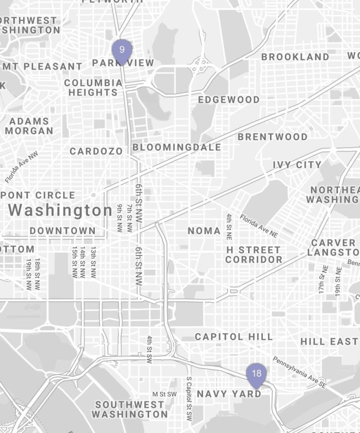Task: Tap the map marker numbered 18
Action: (257, 374)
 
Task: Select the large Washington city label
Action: (60, 210)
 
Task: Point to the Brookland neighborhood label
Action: (296, 57)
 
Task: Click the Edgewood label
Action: (229, 100)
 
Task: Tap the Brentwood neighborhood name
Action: (272, 137)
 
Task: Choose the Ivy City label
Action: (297, 165)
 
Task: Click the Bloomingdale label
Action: (177, 147)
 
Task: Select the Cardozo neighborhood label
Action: (96, 152)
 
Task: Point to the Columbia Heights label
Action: (93, 87)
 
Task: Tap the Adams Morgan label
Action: (29, 126)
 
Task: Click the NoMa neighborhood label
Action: (204, 231)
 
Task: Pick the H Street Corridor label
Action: (254, 255)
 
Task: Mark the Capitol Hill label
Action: (233, 337)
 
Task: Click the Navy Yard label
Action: (229, 394)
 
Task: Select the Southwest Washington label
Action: (129, 409)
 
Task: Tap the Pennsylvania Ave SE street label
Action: (299, 372)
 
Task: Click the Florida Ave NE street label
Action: (259, 225)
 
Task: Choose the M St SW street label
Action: (165, 394)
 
